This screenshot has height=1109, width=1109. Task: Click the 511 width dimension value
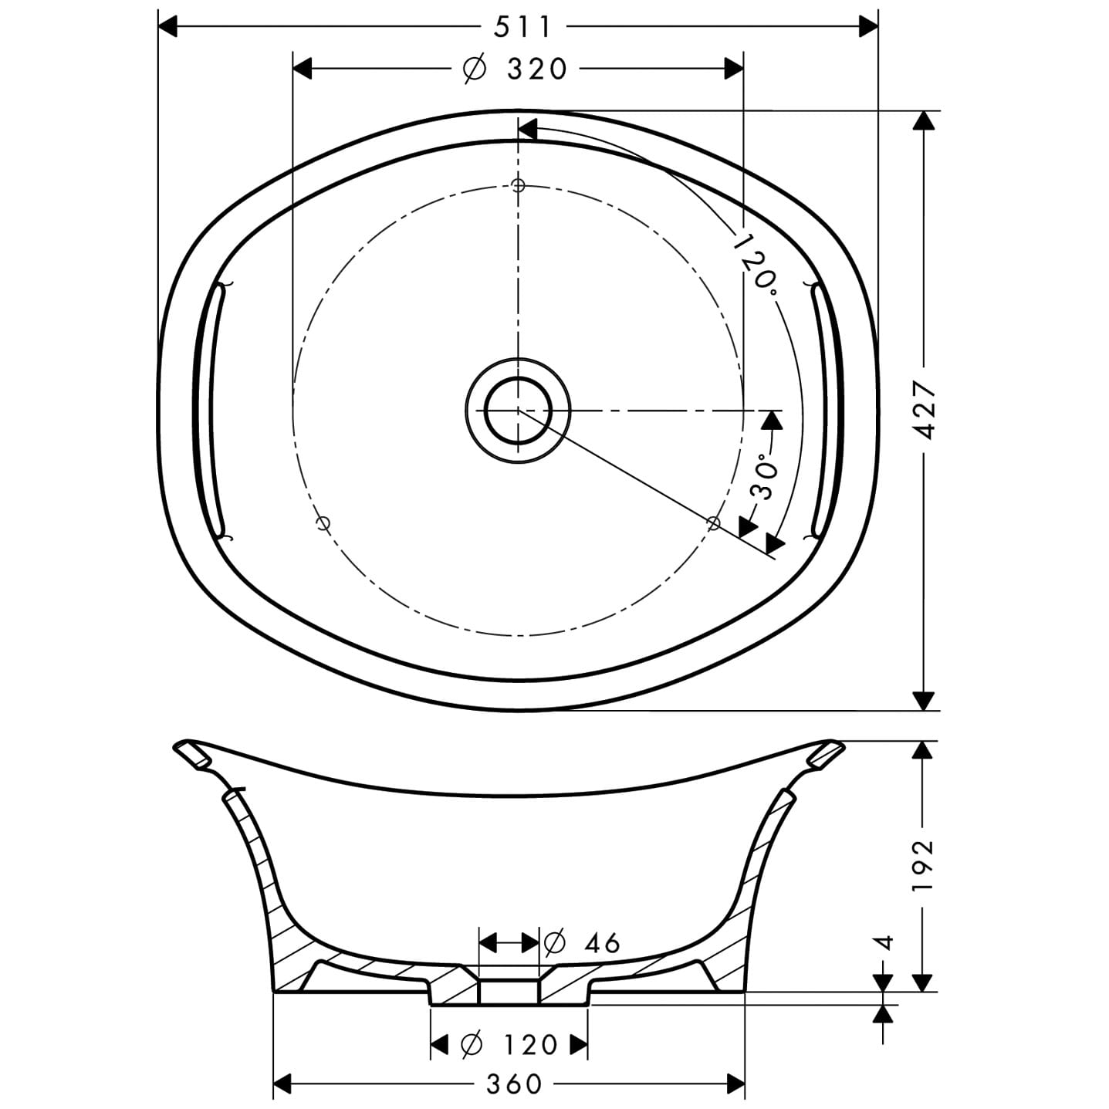pyautogui.click(x=522, y=27)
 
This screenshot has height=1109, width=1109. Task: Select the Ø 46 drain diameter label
pyautogui.click(x=582, y=942)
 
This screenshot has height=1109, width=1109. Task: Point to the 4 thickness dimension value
pyautogui.click(x=886, y=942)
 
